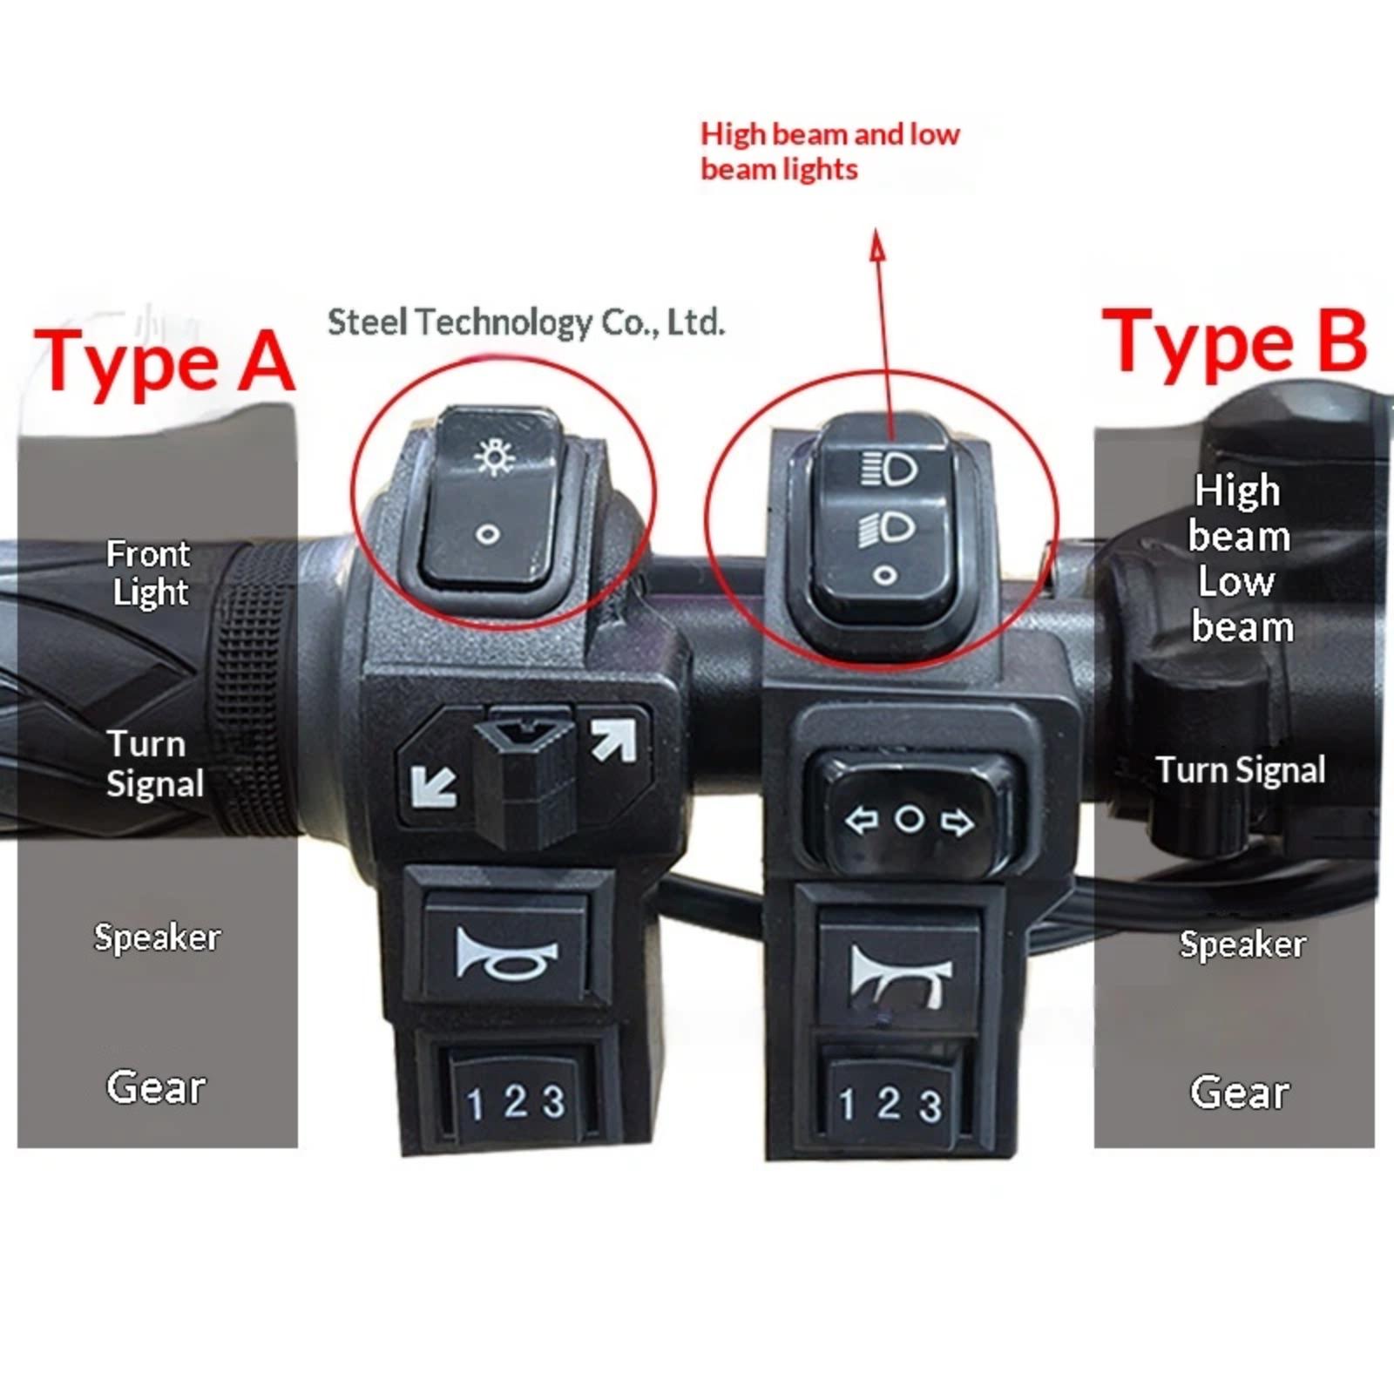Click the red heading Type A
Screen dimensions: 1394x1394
164,361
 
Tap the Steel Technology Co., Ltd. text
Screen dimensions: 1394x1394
526,322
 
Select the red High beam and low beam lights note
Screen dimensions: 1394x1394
829,151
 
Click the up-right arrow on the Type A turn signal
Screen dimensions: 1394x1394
613,740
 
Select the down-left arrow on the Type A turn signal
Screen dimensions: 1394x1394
433,785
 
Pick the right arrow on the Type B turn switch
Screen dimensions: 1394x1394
958,822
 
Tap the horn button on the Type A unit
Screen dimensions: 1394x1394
505,953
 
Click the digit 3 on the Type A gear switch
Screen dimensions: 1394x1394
554,1101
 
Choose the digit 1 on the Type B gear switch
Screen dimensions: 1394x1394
846,1105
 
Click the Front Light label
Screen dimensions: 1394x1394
147,572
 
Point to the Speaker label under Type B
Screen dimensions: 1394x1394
1242,944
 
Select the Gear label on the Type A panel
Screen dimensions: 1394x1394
156,1086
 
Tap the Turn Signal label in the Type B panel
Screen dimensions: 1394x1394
1241,770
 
